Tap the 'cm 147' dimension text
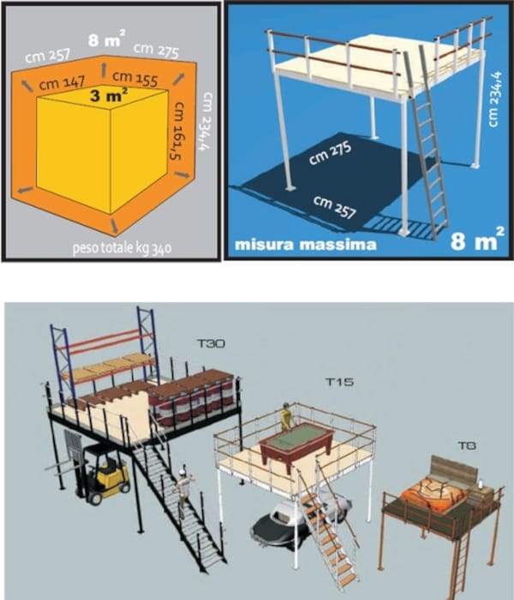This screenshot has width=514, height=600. (x=62, y=83)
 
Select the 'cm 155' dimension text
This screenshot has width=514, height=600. (x=135, y=78)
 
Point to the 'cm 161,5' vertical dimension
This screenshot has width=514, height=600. (x=177, y=131)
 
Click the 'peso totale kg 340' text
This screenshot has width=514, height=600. (x=122, y=248)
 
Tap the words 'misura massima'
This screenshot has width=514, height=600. (x=305, y=244)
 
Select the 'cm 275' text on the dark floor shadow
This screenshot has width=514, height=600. (x=330, y=153)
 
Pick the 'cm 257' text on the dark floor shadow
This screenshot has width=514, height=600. (x=335, y=207)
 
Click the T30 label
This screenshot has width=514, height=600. (x=211, y=343)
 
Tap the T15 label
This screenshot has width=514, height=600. (x=340, y=382)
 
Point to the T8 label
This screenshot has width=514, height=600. (x=467, y=445)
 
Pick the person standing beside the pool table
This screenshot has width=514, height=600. (x=286, y=416)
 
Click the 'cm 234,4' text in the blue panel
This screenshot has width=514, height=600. (x=493, y=98)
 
